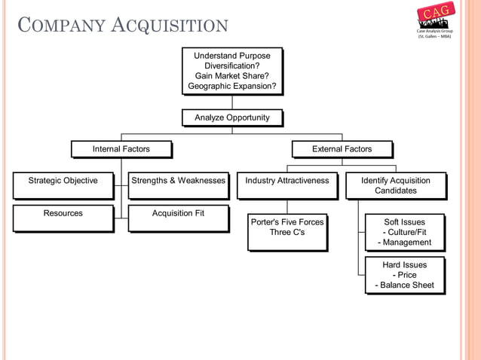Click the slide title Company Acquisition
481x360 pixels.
pos(121,27)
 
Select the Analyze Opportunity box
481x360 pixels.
pos(231,117)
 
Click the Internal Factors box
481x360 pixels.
pos(121,149)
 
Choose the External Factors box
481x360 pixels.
pos(342,149)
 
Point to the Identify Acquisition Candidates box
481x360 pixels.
pos(395,185)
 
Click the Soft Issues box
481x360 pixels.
pos(404,232)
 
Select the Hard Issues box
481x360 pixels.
pos(404,275)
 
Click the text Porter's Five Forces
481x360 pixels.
pos(286,222)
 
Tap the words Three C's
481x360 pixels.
pos(286,233)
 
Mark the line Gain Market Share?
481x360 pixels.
pos(232,76)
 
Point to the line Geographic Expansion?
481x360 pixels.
pos(232,87)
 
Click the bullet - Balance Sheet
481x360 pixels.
pos(404,285)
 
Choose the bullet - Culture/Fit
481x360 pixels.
pos(406,232)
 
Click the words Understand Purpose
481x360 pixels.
pos(232,56)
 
